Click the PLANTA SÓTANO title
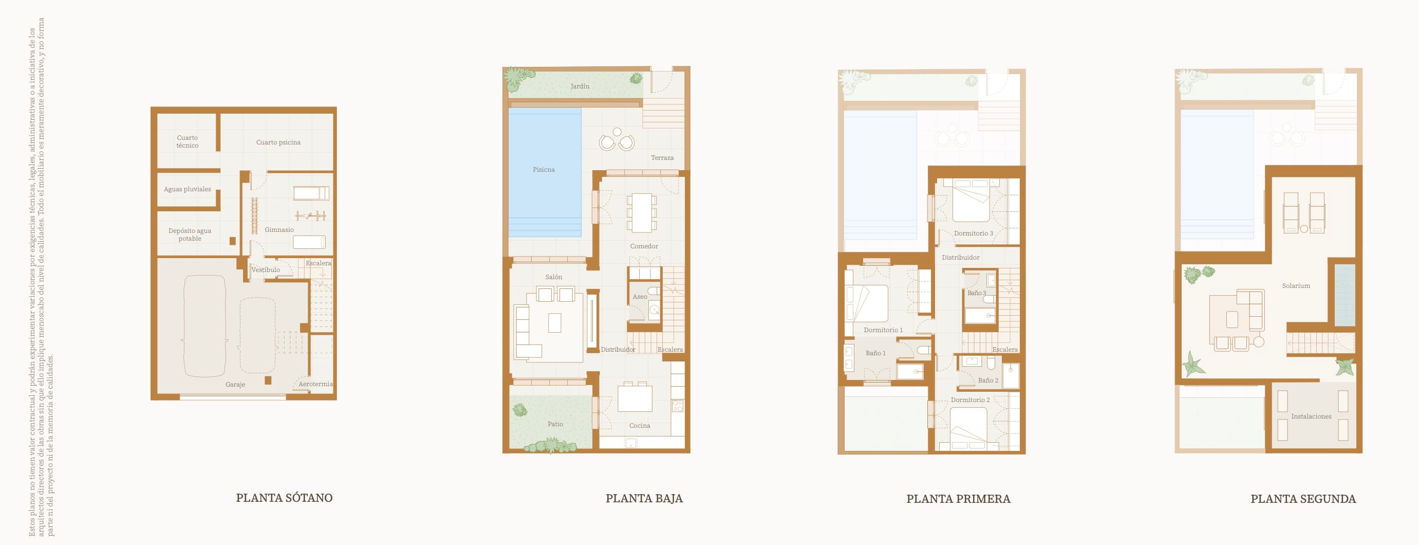click(x=284, y=498)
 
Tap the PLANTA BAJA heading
click(x=644, y=498)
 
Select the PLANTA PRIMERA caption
click(x=958, y=499)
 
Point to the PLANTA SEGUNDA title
click(x=1303, y=499)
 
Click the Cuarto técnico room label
click(x=188, y=141)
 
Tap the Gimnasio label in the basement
click(x=279, y=230)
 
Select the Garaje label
click(x=235, y=384)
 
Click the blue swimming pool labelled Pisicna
click(x=544, y=170)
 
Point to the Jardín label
click(x=580, y=86)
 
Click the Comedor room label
click(x=644, y=246)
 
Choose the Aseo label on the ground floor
click(x=640, y=297)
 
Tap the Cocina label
click(x=640, y=425)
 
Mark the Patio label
click(x=555, y=424)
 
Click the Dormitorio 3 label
click(x=974, y=233)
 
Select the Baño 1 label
click(x=875, y=353)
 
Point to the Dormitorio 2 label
click(x=970, y=400)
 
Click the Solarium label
click(x=1296, y=285)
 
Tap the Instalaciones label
click(x=1311, y=416)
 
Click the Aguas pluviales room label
click(x=188, y=189)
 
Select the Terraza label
click(x=662, y=158)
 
